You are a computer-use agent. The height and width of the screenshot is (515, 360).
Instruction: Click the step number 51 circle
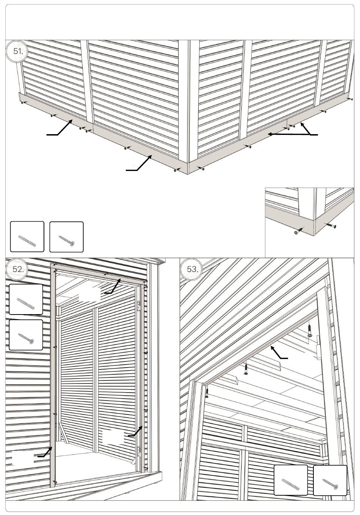[x=17, y=51]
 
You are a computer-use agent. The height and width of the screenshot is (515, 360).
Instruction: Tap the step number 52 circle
[x=17, y=269]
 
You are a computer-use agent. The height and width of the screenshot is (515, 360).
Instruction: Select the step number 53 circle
[x=191, y=269]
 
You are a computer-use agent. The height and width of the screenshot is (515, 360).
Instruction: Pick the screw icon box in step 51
[x=66, y=237]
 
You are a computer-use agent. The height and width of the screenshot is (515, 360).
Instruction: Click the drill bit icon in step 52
[x=26, y=299]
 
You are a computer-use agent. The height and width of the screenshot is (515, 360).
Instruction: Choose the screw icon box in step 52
[x=26, y=335]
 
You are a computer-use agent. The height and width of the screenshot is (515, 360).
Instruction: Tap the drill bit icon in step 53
[x=291, y=480]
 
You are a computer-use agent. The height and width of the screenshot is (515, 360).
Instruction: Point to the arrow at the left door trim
[x=45, y=452]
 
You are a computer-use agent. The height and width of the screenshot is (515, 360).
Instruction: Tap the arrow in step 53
[x=279, y=353]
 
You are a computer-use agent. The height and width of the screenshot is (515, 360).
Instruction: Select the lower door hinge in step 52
[x=139, y=452]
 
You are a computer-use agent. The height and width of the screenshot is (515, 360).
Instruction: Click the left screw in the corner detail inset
[x=299, y=231]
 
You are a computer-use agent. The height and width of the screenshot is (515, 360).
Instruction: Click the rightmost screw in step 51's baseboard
[x=350, y=99]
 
